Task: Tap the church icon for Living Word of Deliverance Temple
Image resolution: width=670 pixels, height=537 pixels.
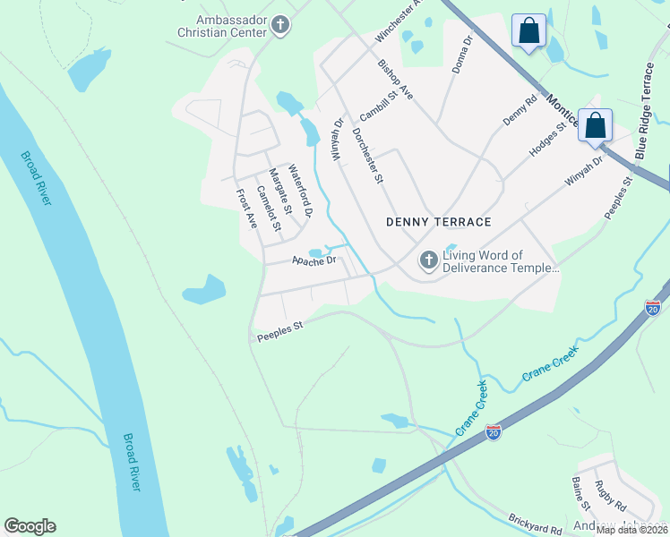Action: pos(429,260)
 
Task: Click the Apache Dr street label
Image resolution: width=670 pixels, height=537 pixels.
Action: pos(314,261)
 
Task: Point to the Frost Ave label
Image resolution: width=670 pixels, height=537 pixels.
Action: pos(246,209)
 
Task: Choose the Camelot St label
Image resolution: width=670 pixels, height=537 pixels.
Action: pos(269,209)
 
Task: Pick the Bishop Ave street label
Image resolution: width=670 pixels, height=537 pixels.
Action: pos(395,80)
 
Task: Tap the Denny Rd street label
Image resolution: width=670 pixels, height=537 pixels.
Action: pos(519,110)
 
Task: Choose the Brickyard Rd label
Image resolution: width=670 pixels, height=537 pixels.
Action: pos(534,524)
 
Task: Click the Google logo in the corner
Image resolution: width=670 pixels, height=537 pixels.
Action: pos(30,526)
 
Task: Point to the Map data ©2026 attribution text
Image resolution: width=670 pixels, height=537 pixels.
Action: pos(631,530)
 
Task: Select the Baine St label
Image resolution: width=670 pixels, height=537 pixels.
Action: pos(579,494)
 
